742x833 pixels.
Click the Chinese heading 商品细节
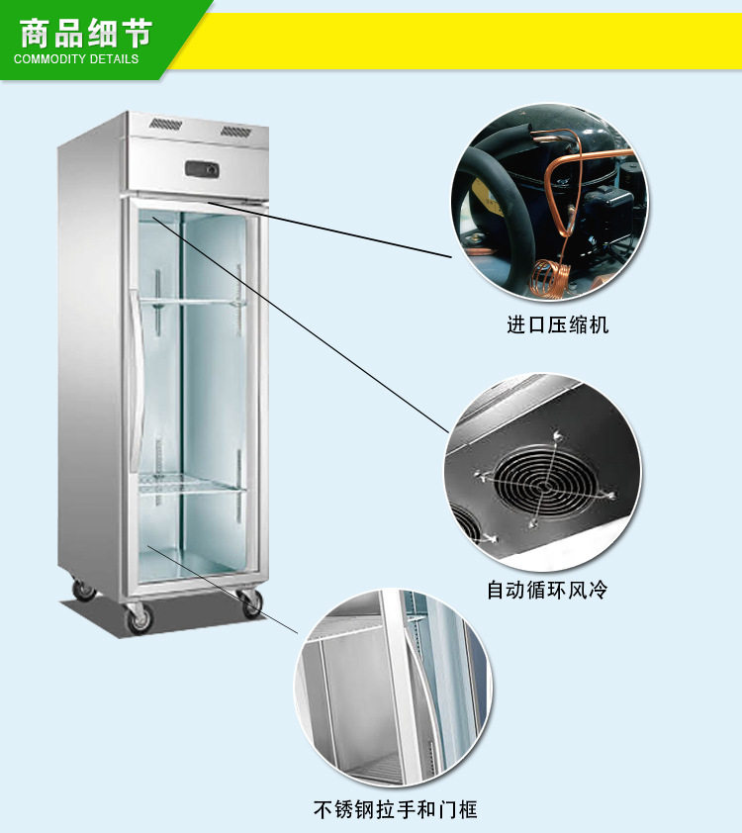pos(85,33)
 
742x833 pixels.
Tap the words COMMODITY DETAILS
pos(76,58)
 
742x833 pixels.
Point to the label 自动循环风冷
pos(547,591)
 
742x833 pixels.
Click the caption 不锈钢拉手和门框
pos(396,810)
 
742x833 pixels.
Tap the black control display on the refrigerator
pos(202,169)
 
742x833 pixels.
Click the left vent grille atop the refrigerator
pos(165,126)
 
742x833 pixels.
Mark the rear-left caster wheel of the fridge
pos(85,591)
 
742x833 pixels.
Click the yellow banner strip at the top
pos(465,40)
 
